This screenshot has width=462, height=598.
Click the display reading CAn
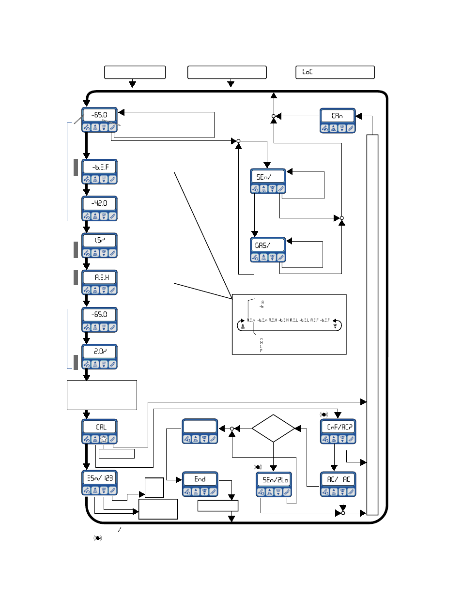(x=338, y=116)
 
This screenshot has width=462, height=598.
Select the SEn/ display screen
(x=268, y=177)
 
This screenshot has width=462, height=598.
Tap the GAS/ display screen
(x=268, y=245)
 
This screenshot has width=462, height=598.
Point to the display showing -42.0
(x=99, y=203)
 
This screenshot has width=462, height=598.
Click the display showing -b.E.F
(x=99, y=167)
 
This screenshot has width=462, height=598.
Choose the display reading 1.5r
(x=99, y=240)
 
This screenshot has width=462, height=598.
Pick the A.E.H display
(x=99, y=277)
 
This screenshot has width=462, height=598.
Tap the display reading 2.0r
(x=99, y=351)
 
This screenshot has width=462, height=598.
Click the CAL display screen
(x=99, y=427)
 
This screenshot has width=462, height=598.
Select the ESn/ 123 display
(x=99, y=478)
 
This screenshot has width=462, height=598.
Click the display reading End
(x=200, y=479)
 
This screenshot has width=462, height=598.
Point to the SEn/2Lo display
(x=274, y=480)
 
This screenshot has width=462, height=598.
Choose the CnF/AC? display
(x=338, y=427)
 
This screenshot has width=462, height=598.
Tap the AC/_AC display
(x=338, y=479)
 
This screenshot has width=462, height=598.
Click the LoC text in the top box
(x=308, y=72)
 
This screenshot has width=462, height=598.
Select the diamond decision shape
(x=273, y=429)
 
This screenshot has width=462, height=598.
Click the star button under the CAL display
(x=104, y=440)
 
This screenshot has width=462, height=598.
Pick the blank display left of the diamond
(x=200, y=427)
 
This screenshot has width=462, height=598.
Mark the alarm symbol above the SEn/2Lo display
(x=258, y=467)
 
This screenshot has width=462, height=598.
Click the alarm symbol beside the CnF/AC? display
(x=323, y=414)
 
